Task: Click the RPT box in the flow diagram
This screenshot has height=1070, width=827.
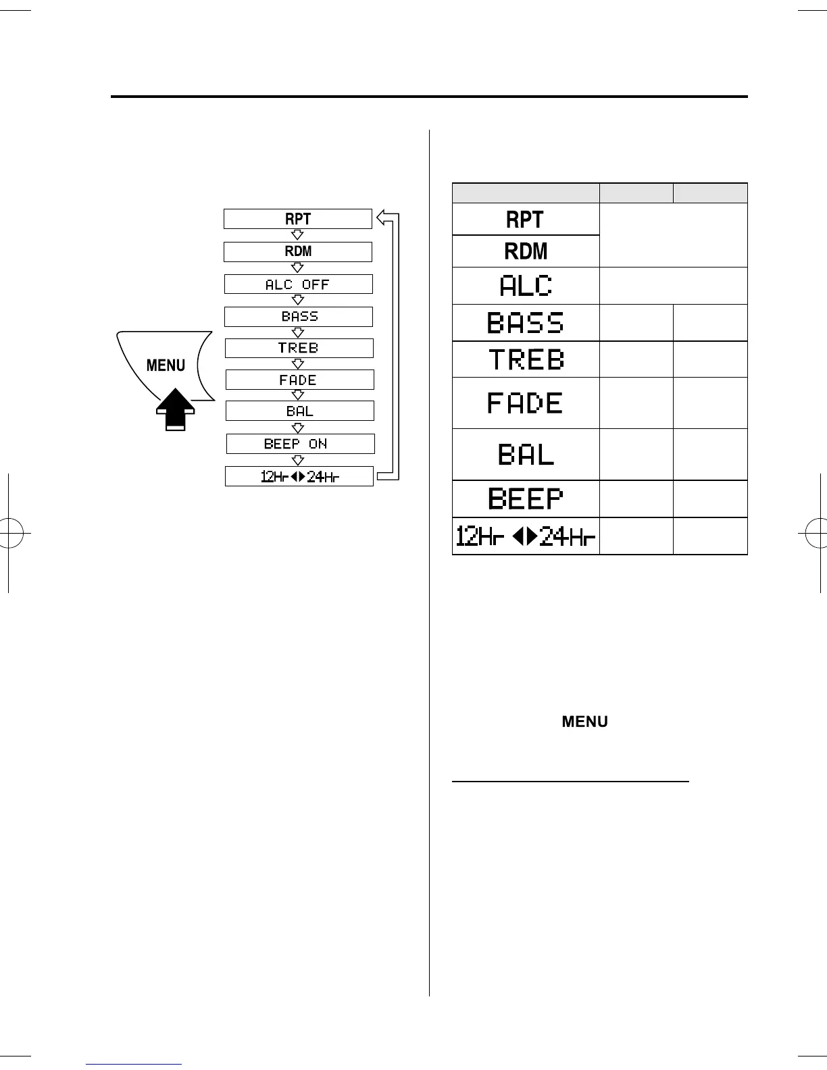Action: tap(298, 219)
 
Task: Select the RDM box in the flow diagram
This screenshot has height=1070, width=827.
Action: tap(298, 251)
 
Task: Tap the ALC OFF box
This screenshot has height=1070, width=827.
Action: tap(298, 284)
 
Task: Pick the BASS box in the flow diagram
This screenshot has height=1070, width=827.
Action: tap(299, 316)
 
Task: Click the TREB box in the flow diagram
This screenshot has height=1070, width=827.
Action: tap(299, 348)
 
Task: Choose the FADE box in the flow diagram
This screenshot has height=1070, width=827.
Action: tap(299, 380)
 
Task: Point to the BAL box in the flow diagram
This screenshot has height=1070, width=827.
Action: tap(299, 411)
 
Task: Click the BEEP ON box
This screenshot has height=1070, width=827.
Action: tap(300, 444)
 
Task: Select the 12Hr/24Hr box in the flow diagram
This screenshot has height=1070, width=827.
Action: tap(299, 476)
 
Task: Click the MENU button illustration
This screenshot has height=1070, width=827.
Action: tap(165, 365)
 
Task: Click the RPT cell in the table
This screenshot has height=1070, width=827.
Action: tap(525, 220)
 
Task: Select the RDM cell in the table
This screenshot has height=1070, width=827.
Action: tap(525, 251)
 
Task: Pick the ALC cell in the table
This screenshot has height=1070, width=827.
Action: tap(525, 286)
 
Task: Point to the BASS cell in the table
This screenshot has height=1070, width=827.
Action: tap(525, 323)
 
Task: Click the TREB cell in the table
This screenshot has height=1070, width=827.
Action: tap(525, 359)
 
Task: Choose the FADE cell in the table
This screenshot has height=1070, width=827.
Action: tap(525, 403)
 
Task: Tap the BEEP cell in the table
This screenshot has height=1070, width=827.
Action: tap(525, 499)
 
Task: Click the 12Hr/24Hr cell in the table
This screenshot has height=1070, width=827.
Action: tap(525, 536)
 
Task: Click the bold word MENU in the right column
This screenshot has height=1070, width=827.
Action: tap(584, 721)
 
